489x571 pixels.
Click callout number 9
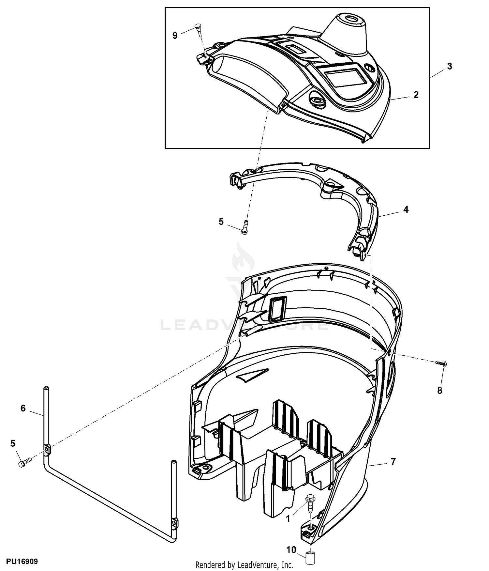click(x=175, y=35)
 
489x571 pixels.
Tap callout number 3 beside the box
click(x=450, y=66)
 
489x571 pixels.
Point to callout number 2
click(x=416, y=95)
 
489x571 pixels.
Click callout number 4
click(x=406, y=209)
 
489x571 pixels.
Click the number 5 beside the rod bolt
click(x=13, y=443)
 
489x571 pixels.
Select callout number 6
click(x=23, y=408)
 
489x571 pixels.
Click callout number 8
click(x=440, y=390)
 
